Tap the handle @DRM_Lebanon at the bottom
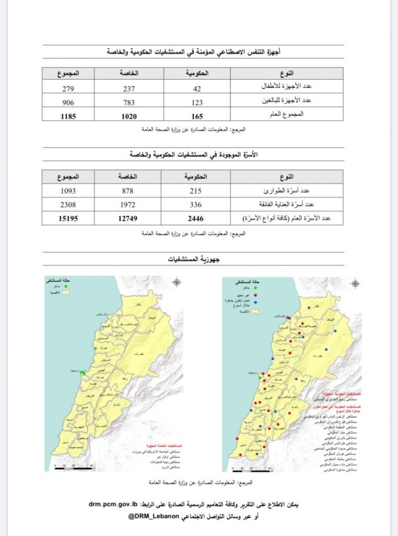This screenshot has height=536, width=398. click(154, 517)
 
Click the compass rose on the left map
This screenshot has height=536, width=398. click(177, 283)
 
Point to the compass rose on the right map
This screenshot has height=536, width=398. click(355, 284)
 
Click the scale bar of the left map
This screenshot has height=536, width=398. click(74, 467)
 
